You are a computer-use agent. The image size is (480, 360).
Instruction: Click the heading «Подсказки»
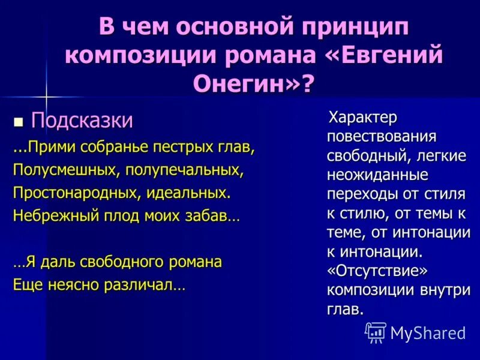point(82,121)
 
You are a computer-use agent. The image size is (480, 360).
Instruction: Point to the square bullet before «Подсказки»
point(19,122)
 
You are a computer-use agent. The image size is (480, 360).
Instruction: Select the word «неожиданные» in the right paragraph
point(377,175)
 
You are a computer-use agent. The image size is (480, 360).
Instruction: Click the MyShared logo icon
point(376,332)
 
